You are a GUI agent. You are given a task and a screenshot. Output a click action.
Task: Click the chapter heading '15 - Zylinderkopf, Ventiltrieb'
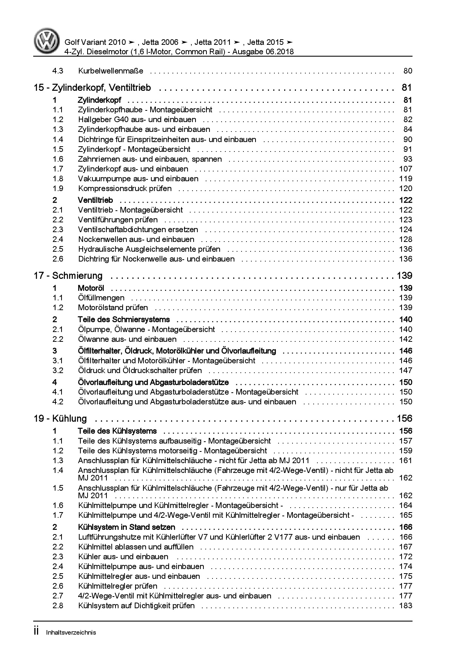(x=92, y=88)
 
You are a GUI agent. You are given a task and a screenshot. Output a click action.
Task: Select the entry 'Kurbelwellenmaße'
(x=111, y=71)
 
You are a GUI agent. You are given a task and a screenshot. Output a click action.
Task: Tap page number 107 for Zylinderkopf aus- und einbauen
(x=405, y=169)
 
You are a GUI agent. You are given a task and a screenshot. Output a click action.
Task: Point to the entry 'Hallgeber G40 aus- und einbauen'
(x=137, y=119)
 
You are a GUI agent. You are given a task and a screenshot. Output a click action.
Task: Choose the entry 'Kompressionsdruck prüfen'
(x=125, y=188)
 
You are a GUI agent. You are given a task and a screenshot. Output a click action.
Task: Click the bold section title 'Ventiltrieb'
(x=95, y=200)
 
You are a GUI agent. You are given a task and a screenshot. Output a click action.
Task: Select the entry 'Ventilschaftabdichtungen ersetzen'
(x=138, y=230)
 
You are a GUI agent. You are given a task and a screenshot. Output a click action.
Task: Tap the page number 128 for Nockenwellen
(x=405, y=239)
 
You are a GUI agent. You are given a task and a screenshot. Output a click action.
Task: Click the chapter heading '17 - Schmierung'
(x=68, y=276)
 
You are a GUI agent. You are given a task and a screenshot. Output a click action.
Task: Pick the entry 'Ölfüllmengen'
(x=101, y=298)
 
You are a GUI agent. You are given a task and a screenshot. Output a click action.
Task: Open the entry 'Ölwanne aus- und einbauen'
(x=127, y=339)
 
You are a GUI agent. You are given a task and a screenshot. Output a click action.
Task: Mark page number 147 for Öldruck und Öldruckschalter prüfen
(x=405, y=370)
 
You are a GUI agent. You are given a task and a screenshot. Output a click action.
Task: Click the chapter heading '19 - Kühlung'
(x=60, y=419)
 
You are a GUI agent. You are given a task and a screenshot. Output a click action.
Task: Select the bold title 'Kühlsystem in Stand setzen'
(x=126, y=527)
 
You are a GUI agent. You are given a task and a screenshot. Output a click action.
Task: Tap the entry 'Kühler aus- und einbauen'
(x=123, y=557)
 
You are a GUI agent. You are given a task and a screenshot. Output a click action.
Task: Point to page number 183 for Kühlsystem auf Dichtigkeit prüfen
(x=405, y=606)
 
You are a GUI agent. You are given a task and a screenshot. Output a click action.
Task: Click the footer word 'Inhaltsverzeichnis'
(x=71, y=633)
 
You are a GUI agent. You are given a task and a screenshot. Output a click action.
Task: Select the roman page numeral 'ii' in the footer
(x=37, y=632)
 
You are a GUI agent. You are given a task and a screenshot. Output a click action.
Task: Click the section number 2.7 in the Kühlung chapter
(x=58, y=596)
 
